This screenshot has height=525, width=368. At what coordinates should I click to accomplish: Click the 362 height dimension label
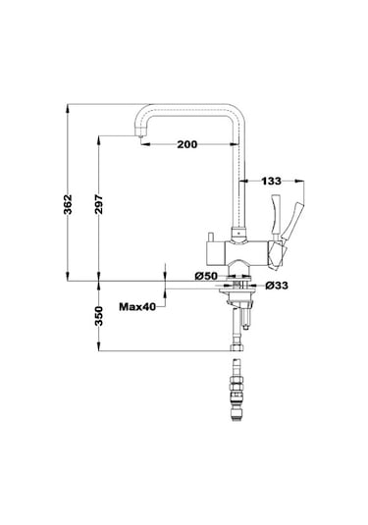[x=68, y=204]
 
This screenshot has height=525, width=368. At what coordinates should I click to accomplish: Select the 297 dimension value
[x=99, y=204]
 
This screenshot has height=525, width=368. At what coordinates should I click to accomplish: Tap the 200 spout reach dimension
[x=187, y=144]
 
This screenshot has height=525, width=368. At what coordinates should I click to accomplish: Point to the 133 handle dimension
[x=271, y=182]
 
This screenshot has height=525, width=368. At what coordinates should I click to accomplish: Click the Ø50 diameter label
[x=206, y=276]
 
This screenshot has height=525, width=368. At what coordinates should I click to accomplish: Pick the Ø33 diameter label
[x=277, y=286]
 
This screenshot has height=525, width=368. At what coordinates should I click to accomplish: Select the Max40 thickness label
[x=137, y=306]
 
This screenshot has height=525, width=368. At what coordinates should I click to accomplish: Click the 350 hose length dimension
[x=99, y=316]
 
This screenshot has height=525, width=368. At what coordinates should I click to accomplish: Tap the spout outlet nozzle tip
[x=140, y=136]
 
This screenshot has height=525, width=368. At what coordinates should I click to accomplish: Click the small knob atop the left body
[x=211, y=236]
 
